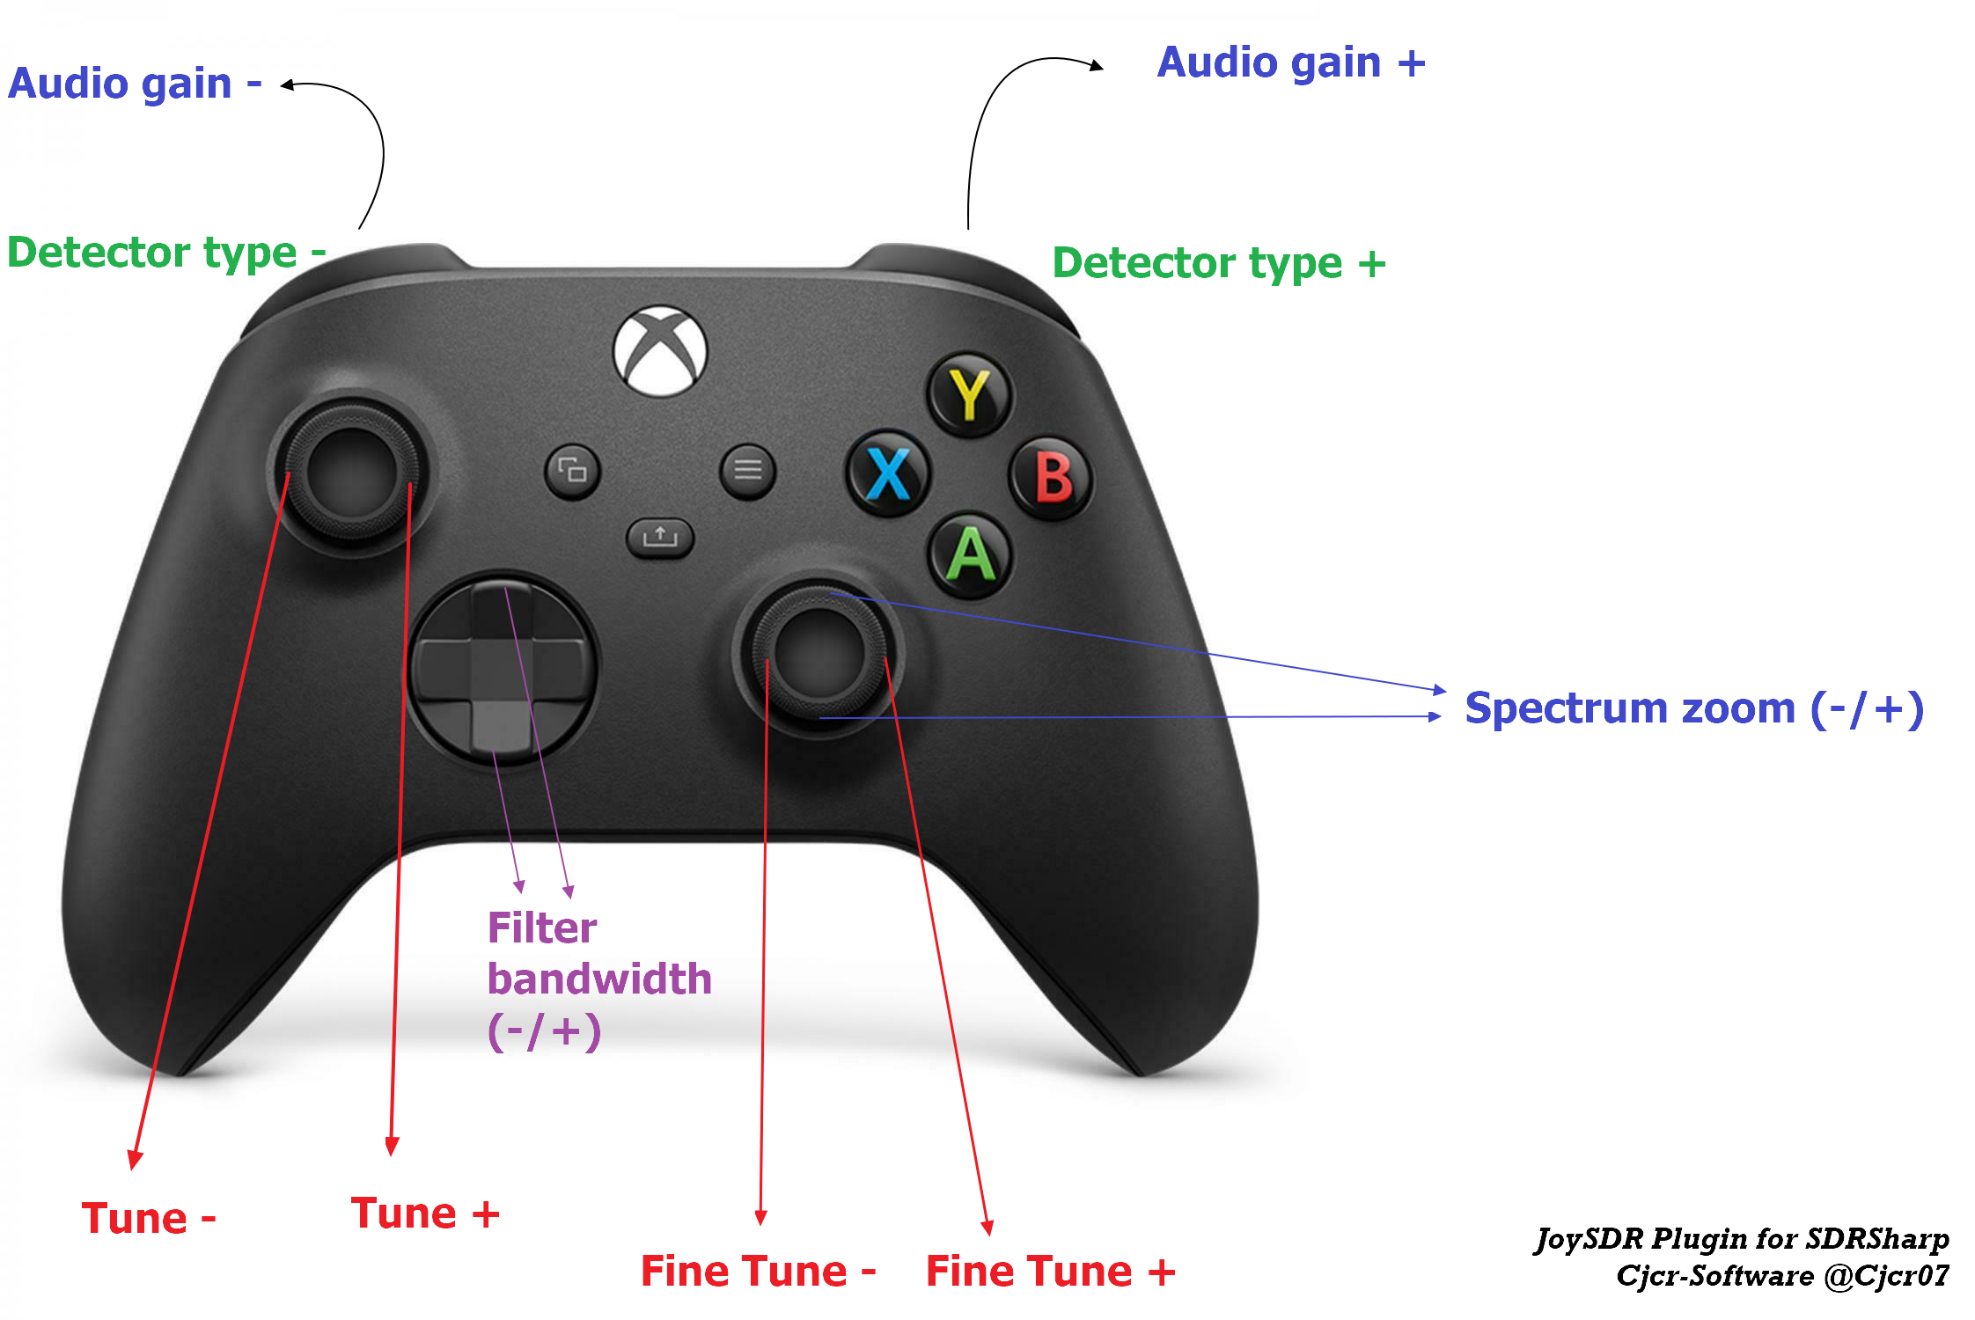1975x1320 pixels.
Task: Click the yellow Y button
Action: (970, 394)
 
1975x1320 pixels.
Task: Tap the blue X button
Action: (888, 473)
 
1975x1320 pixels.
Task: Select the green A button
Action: (971, 554)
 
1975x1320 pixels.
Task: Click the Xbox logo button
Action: (660, 350)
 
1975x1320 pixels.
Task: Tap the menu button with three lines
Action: (747, 470)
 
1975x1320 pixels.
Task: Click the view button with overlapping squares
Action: (572, 471)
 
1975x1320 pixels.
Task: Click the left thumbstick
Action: (350, 471)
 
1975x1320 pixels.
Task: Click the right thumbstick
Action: (819, 653)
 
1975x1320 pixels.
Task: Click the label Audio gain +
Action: (1290, 63)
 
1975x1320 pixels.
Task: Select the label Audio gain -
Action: (135, 84)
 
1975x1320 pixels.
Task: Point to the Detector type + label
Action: (1218, 263)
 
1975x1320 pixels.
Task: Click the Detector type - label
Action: (166, 253)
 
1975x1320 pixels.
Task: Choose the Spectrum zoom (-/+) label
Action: (1693, 709)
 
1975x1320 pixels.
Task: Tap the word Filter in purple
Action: (542, 928)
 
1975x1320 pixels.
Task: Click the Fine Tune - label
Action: (758, 1272)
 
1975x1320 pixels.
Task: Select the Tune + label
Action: (424, 1214)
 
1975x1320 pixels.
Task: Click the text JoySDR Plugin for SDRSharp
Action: (1742, 1239)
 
